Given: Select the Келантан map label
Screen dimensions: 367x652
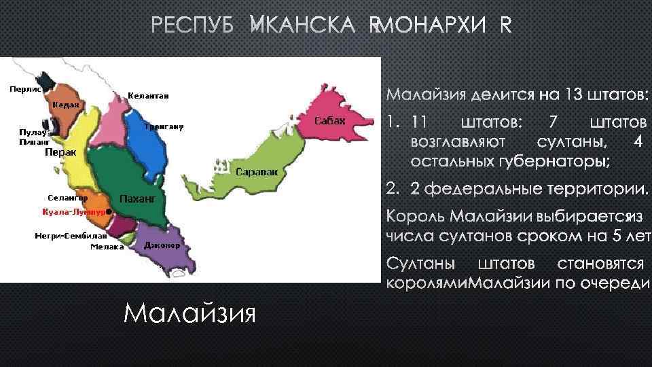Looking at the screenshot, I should point(148,96).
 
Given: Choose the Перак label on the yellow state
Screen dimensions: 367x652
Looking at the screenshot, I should point(60,153).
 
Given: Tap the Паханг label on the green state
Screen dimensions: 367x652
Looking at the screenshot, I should point(138,199).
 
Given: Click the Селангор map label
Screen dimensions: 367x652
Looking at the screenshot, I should point(67,197).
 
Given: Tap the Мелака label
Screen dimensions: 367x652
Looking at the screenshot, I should point(107,247).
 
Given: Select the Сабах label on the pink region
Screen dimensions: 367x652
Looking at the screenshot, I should point(331,121).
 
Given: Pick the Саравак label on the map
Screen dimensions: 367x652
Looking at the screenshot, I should point(257,172).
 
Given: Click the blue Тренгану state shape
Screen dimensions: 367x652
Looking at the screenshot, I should point(151,146).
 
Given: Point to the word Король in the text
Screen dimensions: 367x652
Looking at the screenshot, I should point(414,217).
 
